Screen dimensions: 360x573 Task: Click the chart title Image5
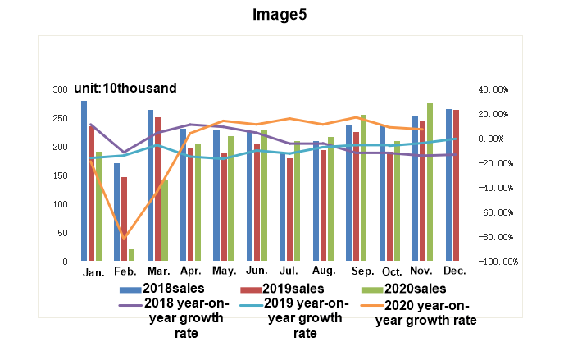tap(286, 14)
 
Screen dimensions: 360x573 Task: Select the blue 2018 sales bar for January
tap(84, 180)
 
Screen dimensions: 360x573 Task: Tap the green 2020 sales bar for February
tap(131, 255)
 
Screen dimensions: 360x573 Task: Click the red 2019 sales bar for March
tap(157, 189)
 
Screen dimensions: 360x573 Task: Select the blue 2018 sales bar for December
tap(449, 185)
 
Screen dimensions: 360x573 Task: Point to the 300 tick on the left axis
tap(61, 89)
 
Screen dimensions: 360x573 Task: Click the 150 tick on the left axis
tap(61, 175)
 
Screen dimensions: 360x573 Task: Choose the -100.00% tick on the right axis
tap(497, 262)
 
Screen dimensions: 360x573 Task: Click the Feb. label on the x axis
tap(125, 271)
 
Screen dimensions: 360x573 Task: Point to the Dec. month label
tap(453, 271)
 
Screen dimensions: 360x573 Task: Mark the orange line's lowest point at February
tap(125, 239)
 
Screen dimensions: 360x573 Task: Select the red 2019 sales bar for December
tap(456, 185)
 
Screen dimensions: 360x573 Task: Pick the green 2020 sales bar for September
tap(363, 188)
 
